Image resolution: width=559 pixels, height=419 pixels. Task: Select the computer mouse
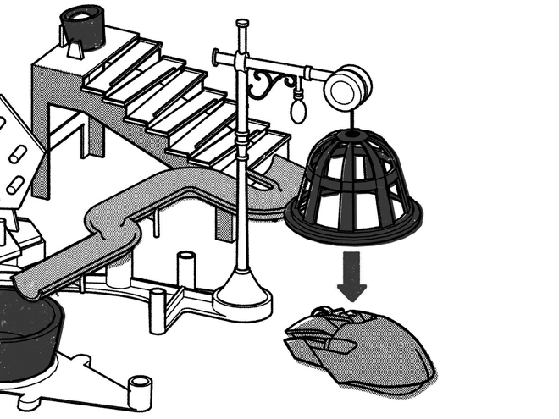[x=360, y=347]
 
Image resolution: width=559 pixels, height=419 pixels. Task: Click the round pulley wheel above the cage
[x=348, y=88]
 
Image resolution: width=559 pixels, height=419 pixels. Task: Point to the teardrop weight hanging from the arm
[x=298, y=108]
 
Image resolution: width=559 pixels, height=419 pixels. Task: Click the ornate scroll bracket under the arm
[x=273, y=84]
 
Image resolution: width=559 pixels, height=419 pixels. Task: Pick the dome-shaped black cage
[x=354, y=182]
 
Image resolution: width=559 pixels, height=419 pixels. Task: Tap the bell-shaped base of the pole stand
[x=243, y=292]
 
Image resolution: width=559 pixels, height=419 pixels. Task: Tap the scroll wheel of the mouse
[x=327, y=315]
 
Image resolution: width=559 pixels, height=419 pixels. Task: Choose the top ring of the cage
[x=353, y=135]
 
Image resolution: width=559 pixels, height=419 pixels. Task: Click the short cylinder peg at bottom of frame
[x=140, y=390]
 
